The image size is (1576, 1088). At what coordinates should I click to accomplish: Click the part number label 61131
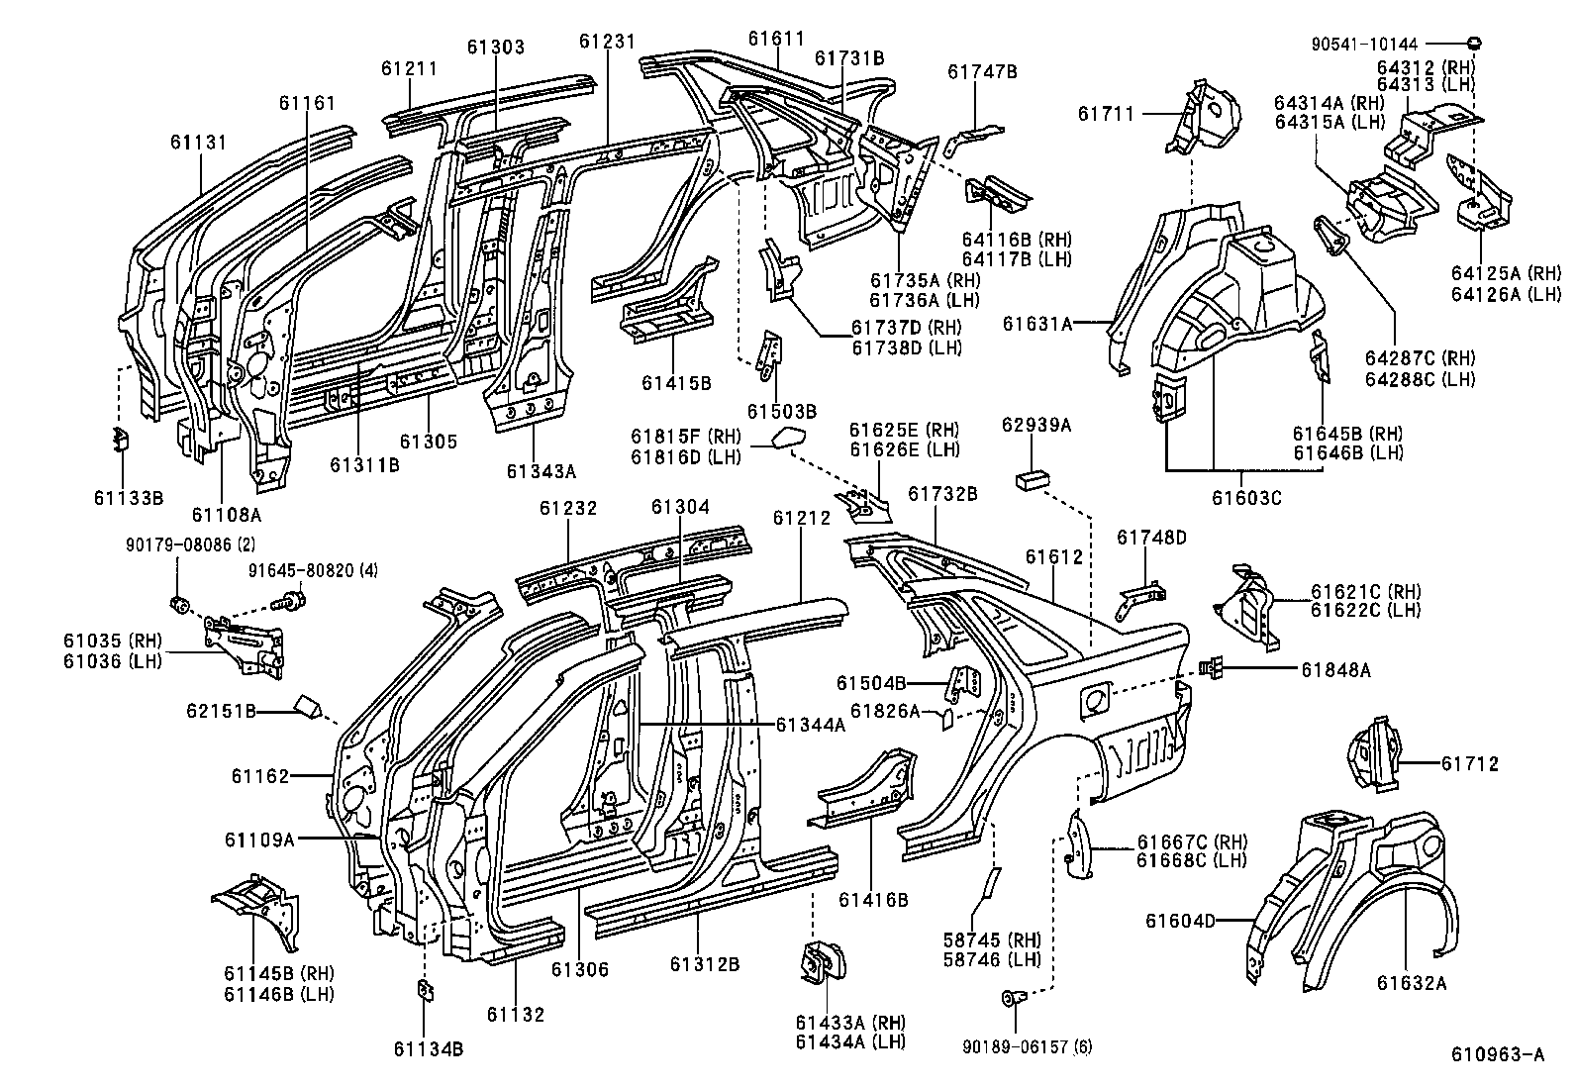pos(199,143)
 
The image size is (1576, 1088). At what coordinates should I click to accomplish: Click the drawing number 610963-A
pos(1498,1055)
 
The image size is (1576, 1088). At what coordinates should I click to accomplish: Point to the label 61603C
pos(1246,498)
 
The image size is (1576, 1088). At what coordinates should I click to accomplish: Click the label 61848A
pos(1335,670)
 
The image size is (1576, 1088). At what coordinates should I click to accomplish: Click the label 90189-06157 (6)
pos(1028,1046)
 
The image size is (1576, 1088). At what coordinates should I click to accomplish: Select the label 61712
pos(1469,763)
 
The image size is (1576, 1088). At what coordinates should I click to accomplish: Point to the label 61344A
pos(810,725)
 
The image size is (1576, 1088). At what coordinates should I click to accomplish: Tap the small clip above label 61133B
pos(119,439)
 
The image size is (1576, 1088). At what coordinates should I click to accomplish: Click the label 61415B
pos(676,383)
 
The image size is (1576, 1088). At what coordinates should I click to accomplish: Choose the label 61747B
pos(982,71)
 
